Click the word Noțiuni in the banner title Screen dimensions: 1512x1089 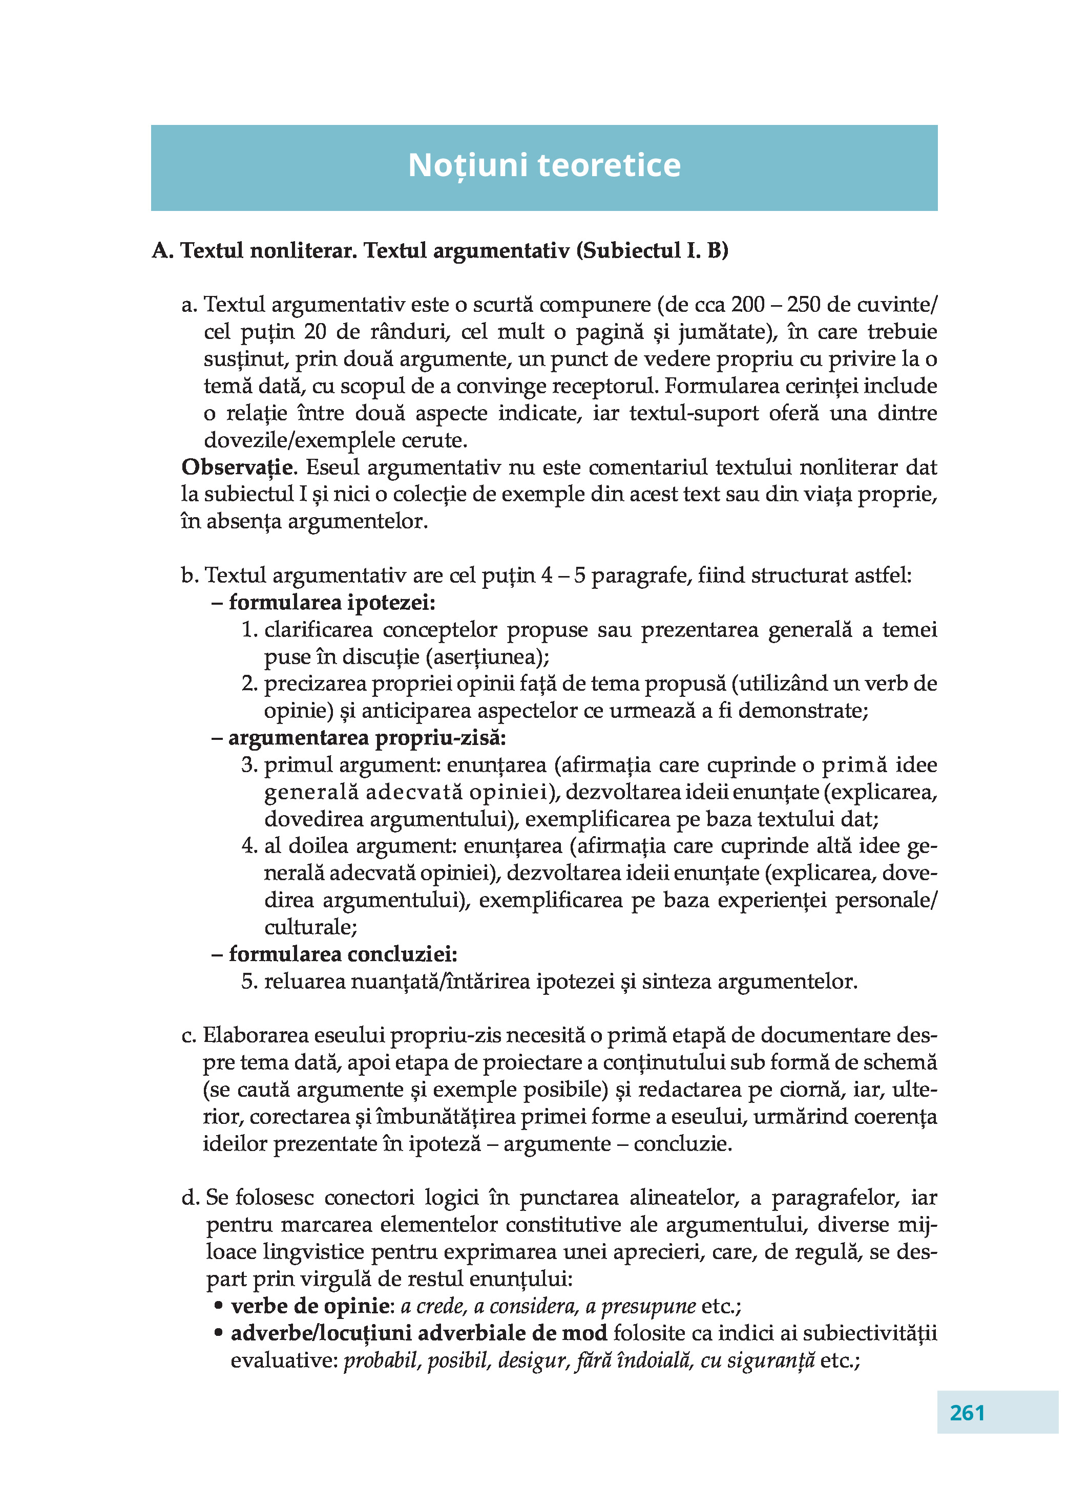(468, 165)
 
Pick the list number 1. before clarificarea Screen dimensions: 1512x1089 (249, 630)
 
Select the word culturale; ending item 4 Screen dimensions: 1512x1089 (311, 927)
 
